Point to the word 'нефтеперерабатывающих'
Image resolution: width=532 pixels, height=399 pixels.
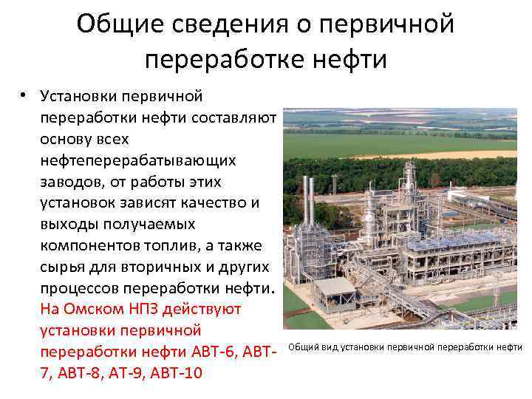[x=138, y=160]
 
